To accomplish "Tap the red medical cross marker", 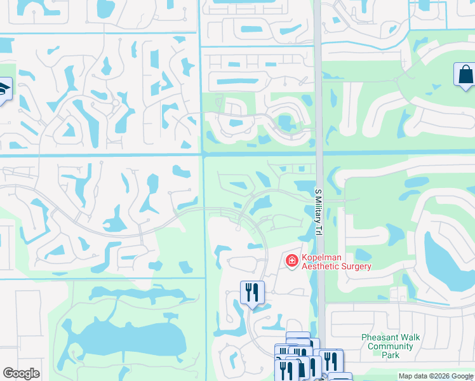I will point(291,261).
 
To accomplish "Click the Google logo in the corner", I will point(21,373).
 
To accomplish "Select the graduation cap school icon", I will point(3,88).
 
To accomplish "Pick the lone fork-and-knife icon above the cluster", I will point(252,292).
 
